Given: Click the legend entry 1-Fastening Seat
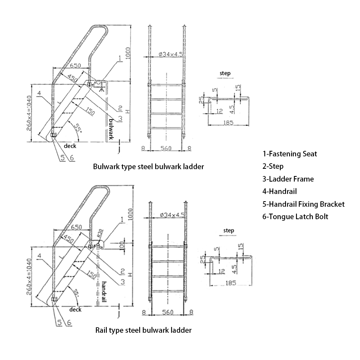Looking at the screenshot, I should tap(290, 154).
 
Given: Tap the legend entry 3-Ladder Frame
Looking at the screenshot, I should tap(288, 179).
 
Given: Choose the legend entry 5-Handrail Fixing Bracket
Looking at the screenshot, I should tap(303, 204).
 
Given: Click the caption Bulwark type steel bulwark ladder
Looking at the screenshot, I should tap(148, 166).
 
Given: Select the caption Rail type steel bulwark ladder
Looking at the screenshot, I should tap(143, 330).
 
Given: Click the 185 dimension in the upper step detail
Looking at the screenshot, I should tap(229, 122).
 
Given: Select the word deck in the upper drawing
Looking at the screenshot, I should tap(70, 146).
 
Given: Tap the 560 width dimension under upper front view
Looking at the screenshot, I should tap(166, 148).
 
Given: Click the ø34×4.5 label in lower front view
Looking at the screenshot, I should tap(171, 215).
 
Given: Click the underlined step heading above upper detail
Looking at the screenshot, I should tap(225, 73).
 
